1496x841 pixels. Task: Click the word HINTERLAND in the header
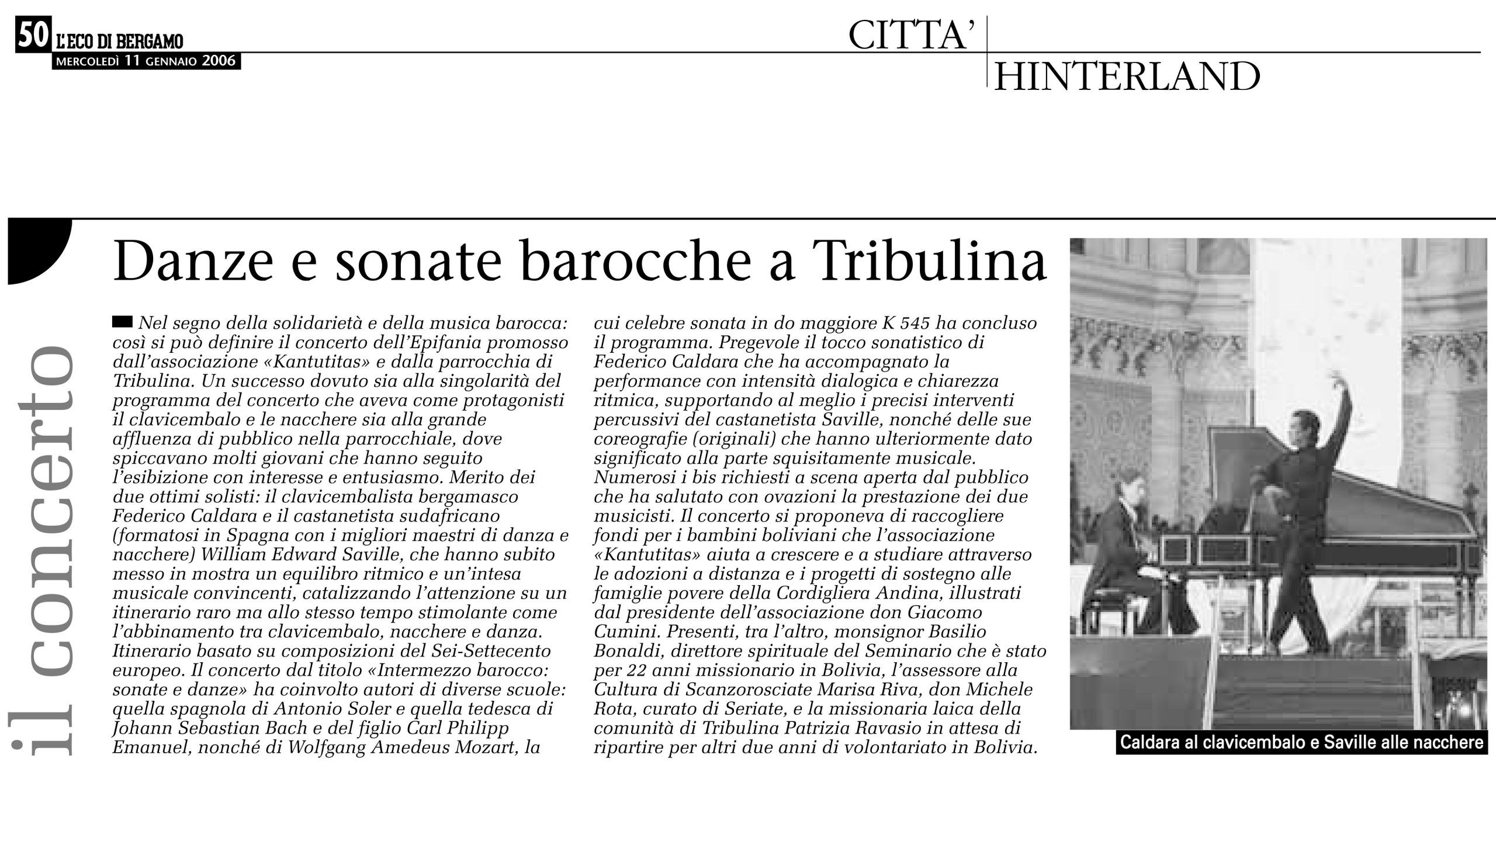[1126, 77]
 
